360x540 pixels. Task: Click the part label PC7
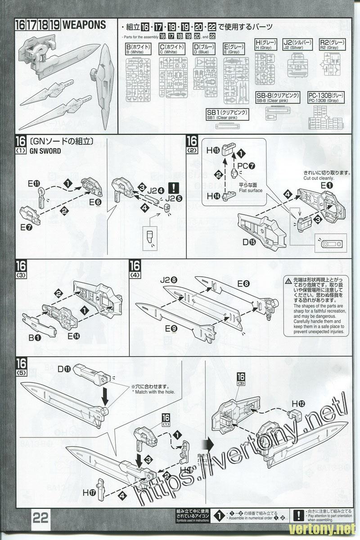(246, 166)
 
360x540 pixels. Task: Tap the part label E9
(171, 329)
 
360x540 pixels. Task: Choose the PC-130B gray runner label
(326, 98)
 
